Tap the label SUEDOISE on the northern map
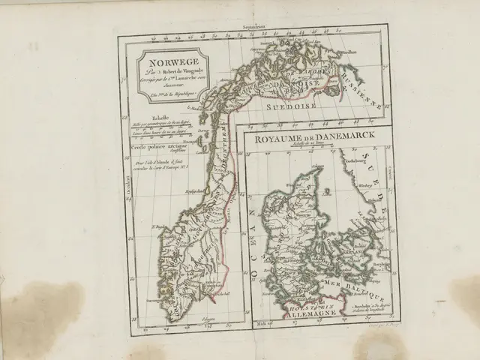coord(289,107)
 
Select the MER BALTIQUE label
coord(352,283)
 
